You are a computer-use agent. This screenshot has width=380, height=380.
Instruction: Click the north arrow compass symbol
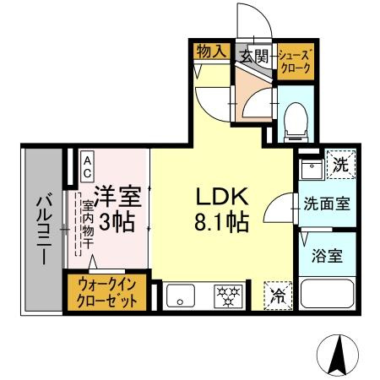click(x=339, y=355)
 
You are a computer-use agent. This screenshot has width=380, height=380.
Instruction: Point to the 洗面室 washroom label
click(x=327, y=204)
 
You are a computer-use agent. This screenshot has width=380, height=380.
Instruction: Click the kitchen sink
click(x=180, y=296)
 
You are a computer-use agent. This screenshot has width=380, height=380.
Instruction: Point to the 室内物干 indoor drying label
click(x=87, y=221)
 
